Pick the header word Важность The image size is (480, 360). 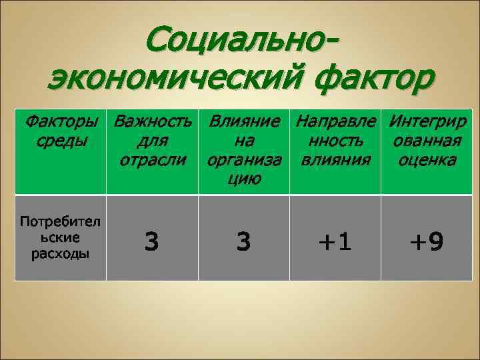(x=153, y=122)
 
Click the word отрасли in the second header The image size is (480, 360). (x=153, y=160)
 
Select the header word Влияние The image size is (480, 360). (x=244, y=122)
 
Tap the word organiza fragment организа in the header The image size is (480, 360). (x=244, y=160)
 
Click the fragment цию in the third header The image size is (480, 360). (x=244, y=179)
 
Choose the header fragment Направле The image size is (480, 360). (x=336, y=122)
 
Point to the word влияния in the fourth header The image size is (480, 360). (x=336, y=160)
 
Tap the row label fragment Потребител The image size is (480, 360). (x=61, y=221)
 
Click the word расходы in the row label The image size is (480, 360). (x=61, y=253)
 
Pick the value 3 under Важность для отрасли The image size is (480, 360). (x=153, y=241)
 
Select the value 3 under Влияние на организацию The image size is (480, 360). (x=244, y=241)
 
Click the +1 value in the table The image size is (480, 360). (x=336, y=241)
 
